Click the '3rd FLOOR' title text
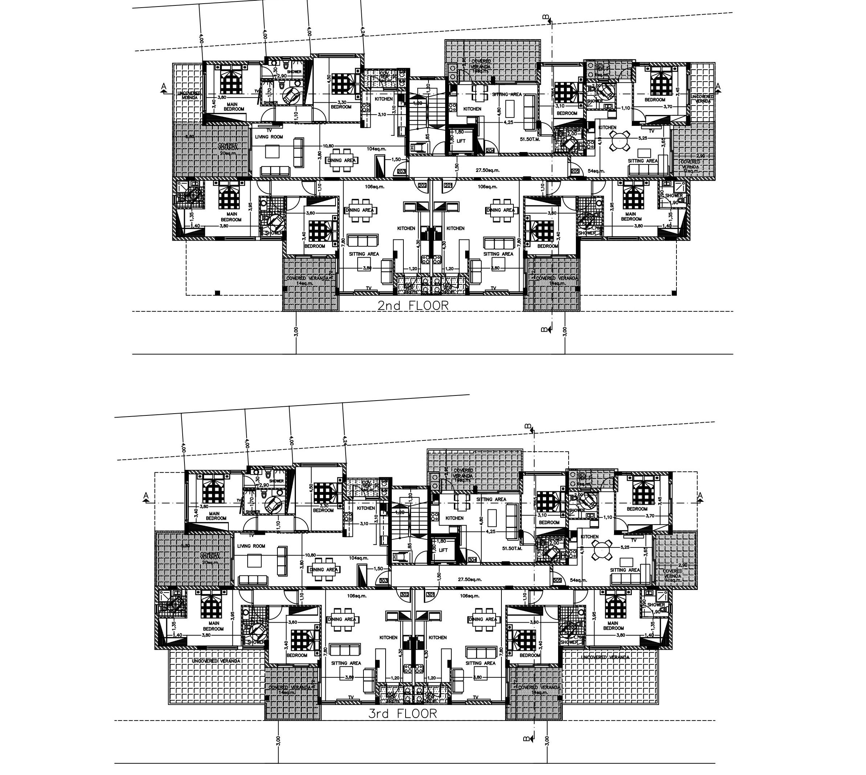tap(403, 714)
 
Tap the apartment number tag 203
tap(401, 172)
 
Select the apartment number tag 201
tap(448, 186)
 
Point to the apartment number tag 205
tap(575, 171)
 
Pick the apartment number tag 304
tap(472, 559)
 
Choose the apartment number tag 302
tap(404, 594)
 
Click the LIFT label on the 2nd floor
tap(461, 141)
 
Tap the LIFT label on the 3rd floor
tap(443, 550)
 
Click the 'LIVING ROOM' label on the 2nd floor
tap(269, 137)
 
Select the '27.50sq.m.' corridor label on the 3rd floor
tap(469, 579)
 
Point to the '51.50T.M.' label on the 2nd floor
tap(530, 139)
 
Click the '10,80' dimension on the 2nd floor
tap(328, 145)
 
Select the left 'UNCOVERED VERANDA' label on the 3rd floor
tap(216, 661)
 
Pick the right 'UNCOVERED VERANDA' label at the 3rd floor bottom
tap(605, 657)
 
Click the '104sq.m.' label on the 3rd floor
tap(358, 558)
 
